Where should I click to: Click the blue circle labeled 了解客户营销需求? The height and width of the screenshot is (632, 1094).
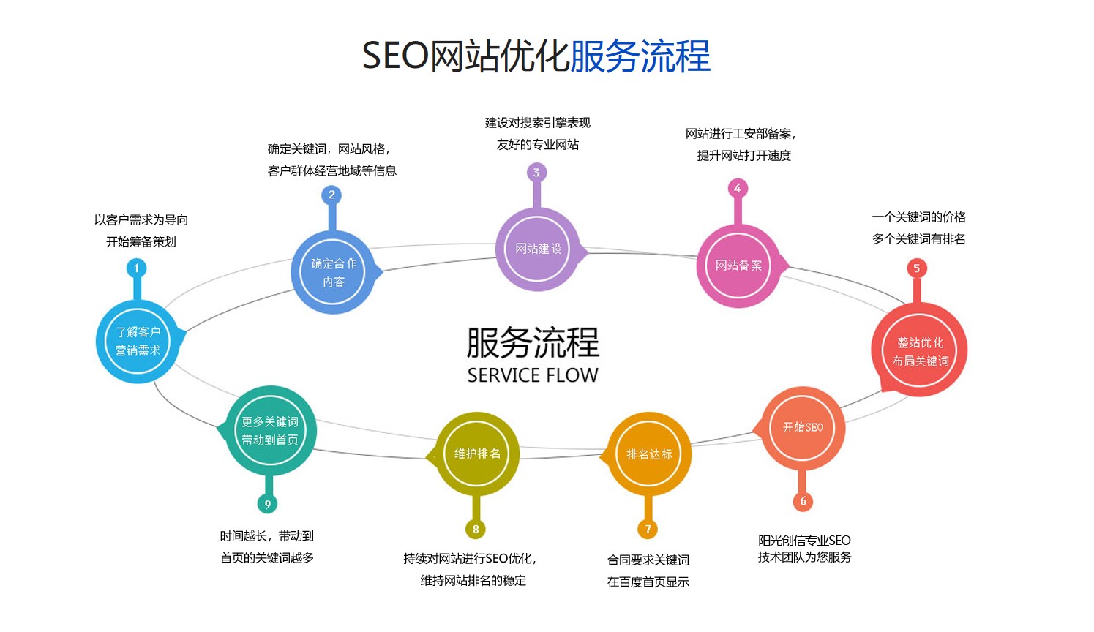pos(138,342)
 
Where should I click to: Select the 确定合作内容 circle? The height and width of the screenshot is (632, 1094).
pos(333,272)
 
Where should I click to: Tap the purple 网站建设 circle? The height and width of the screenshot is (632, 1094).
pos(538,249)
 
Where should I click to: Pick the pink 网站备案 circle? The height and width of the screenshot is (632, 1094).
pos(738,266)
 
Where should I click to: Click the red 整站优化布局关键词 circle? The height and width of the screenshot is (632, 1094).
pos(920,351)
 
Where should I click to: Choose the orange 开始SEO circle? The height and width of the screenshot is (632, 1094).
pos(803,427)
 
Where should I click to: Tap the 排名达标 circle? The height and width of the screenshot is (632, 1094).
pos(648,454)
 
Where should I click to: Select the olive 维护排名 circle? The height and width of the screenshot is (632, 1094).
pos(476,454)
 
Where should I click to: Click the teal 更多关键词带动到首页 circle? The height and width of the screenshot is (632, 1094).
pos(270,431)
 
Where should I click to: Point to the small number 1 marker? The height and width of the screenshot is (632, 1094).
pos(136,268)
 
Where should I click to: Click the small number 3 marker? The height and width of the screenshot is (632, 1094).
pos(536,173)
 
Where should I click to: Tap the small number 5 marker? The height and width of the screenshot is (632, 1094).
pos(916,268)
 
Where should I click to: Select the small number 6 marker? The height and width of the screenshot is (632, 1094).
pos(803,501)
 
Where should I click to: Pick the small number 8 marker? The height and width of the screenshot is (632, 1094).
pos(476,529)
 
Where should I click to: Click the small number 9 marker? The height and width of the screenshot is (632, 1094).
pos(267,504)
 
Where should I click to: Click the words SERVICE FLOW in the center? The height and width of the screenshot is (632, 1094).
pos(533,375)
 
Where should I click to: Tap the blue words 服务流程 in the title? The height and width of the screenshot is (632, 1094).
pos(640,56)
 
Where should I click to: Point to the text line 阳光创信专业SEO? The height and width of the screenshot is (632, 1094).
pos(804,541)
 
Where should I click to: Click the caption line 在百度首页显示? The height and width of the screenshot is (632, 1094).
pos(648,582)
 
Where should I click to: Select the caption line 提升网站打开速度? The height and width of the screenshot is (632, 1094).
pos(743,156)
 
